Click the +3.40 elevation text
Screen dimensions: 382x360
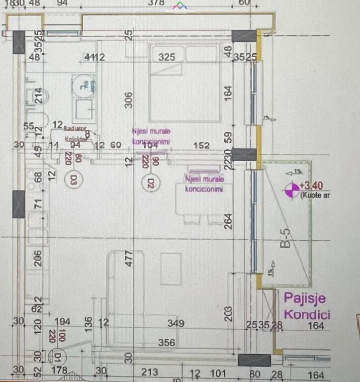point(312,186)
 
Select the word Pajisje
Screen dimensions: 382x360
point(305,298)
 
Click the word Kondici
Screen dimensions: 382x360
point(307,314)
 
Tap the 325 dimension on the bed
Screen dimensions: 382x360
point(167,57)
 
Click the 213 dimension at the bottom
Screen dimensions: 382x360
point(149,373)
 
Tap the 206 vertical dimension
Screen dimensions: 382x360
point(38,258)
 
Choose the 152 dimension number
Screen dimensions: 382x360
point(201,146)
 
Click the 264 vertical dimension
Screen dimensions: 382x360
point(229,220)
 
